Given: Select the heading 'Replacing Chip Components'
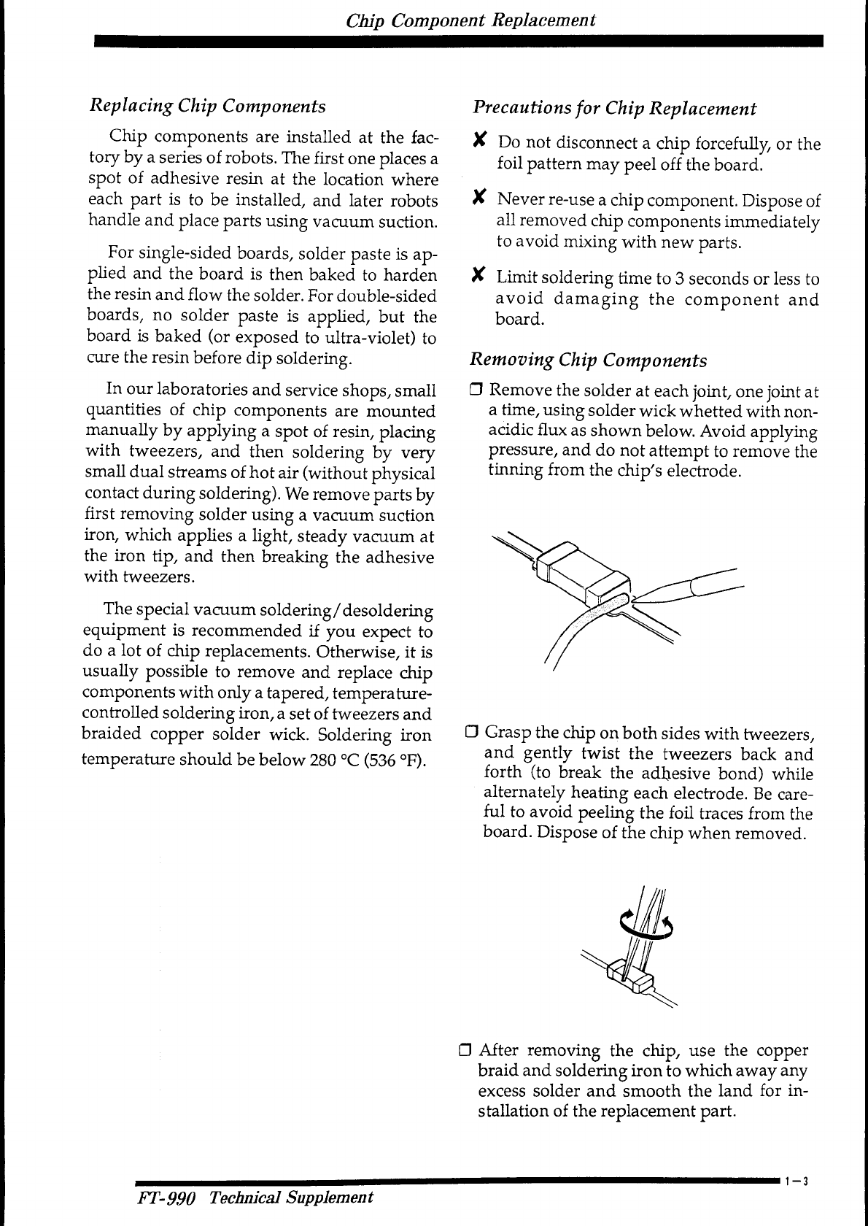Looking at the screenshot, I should pos(207,107).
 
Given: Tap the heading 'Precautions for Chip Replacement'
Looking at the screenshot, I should pos(614,109).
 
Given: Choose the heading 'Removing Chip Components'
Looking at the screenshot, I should pos(589,361).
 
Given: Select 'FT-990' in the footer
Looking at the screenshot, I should pos(166,1198).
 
